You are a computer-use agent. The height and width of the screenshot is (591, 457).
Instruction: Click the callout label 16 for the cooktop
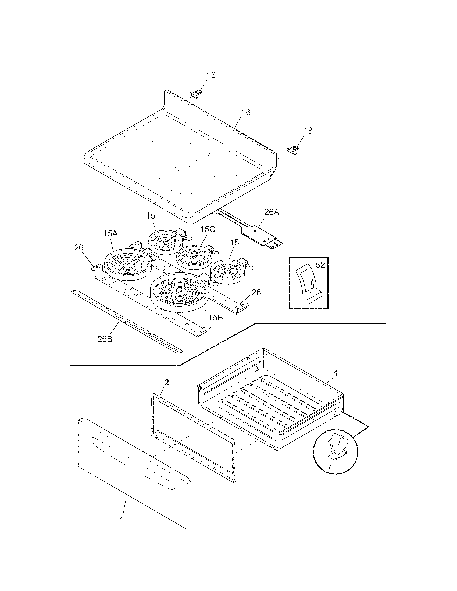(246, 112)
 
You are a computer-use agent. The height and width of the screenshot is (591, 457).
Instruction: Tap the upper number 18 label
(211, 75)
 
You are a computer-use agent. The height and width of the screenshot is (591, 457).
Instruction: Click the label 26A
(272, 212)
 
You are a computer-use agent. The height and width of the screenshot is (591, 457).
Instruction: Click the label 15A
(110, 233)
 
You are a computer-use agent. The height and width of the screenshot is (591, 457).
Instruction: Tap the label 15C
(208, 229)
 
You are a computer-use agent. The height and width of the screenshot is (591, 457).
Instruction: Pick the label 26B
(105, 339)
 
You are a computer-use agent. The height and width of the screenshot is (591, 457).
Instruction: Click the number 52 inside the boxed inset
(320, 265)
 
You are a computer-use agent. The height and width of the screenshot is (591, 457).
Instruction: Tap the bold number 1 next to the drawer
(336, 374)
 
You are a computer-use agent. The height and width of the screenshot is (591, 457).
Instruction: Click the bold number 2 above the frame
(167, 382)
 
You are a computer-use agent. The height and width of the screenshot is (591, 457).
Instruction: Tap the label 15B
(216, 318)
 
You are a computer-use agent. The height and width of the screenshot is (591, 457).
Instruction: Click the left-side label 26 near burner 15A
(79, 248)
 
